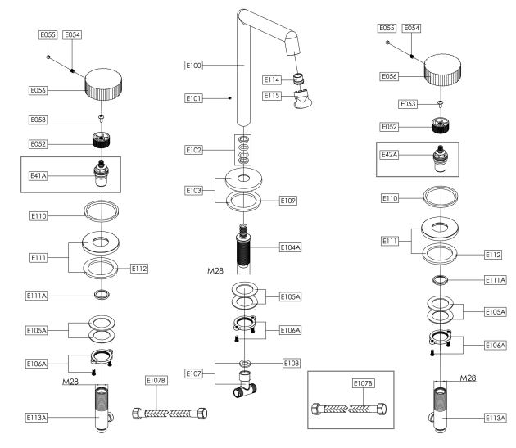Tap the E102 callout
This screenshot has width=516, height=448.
coord(195,150)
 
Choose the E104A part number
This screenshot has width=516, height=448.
coord(290,246)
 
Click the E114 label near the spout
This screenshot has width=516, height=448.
coord(273,79)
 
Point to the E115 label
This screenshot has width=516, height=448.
coord(273,97)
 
